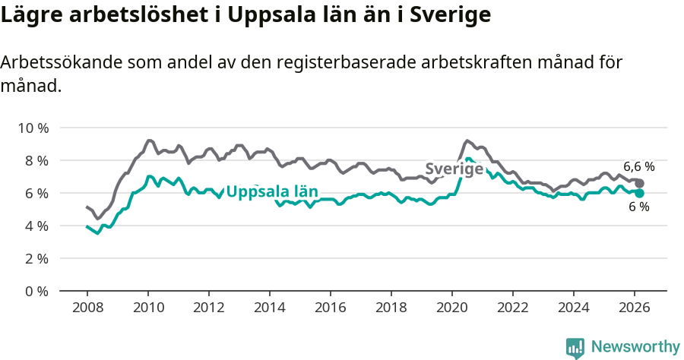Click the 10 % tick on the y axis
[x=33, y=128]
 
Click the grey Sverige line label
[x=454, y=169]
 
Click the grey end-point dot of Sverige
[x=640, y=184]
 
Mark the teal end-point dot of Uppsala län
[x=640, y=193]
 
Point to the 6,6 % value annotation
[x=638, y=166]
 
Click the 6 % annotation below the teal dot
[x=639, y=207]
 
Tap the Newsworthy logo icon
[x=575, y=347]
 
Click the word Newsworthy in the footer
[x=635, y=347]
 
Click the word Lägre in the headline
[x=30, y=15]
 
